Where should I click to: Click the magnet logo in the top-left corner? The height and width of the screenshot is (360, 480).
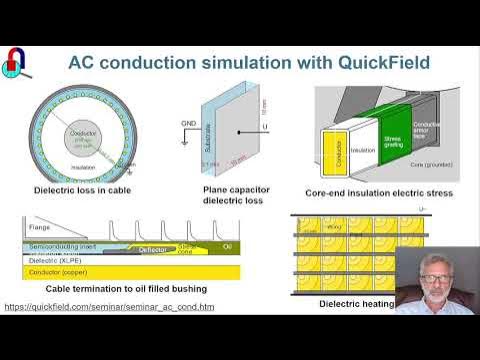[x=15, y=62]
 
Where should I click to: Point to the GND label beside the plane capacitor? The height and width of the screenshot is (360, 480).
[x=188, y=123]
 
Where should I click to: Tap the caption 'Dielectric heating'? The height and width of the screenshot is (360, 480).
[x=356, y=303]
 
